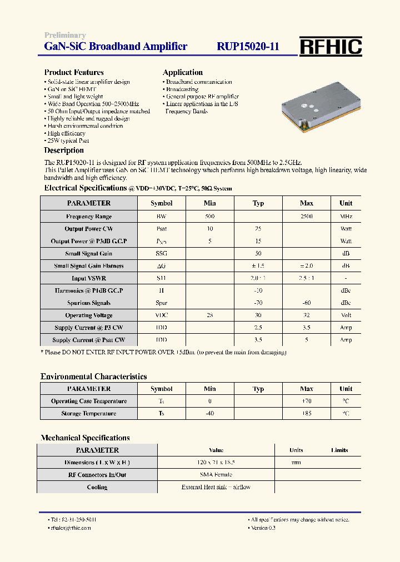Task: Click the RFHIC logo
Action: tap(331, 47)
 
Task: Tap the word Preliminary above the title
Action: tap(65, 36)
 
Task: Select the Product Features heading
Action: tap(74, 72)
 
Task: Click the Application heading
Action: tap(182, 72)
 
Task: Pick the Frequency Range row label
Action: tap(89, 217)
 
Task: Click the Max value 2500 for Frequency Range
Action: tap(307, 217)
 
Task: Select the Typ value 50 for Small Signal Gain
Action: tap(258, 254)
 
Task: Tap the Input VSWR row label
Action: tap(89, 278)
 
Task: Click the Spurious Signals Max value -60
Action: tap(307, 303)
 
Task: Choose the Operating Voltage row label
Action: tap(89, 315)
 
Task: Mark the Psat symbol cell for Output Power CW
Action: tap(162, 229)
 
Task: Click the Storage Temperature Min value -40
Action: tap(209, 414)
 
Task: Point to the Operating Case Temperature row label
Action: tap(89, 402)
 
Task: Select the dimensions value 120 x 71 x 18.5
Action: tap(216, 463)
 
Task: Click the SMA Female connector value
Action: tap(216, 475)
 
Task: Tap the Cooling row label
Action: tap(97, 487)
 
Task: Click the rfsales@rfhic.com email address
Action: tap(70, 528)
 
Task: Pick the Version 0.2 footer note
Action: tap(263, 528)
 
